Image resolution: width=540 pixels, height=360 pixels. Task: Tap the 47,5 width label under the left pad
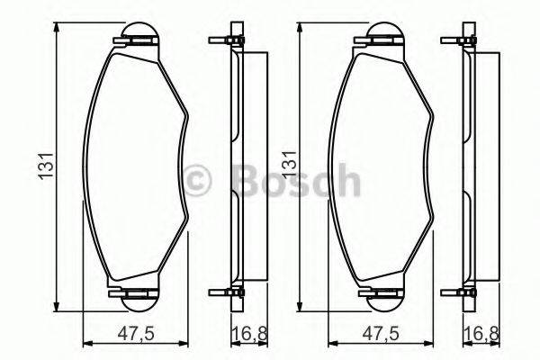(x=135, y=334)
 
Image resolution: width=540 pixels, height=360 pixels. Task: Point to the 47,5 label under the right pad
(x=381, y=334)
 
